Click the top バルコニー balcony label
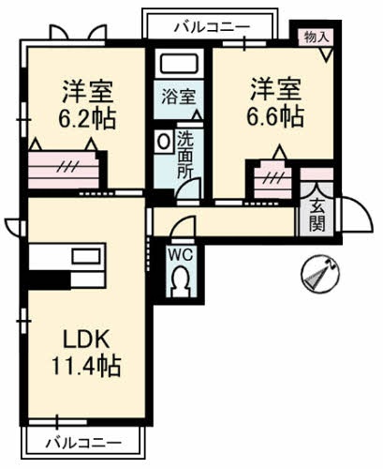tap(211, 26)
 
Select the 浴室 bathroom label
tap(177, 96)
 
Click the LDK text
tap(85, 336)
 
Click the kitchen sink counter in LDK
tap(67, 256)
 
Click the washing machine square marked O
tap(164, 141)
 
